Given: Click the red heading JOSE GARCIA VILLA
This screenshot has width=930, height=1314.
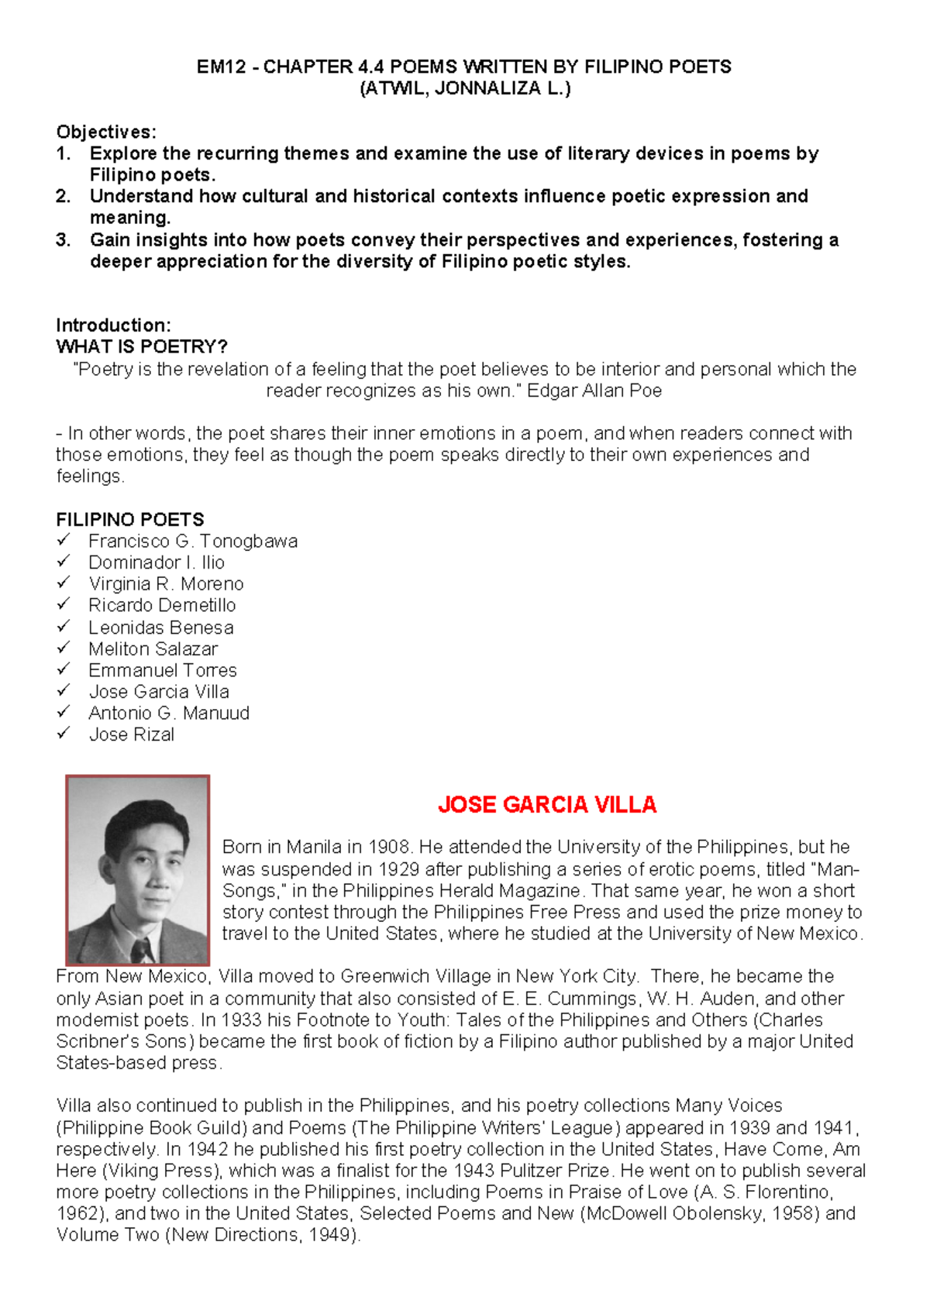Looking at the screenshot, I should pyautogui.click(x=546, y=805).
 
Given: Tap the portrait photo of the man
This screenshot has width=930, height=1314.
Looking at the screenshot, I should pyautogui.click(x=138, y=869).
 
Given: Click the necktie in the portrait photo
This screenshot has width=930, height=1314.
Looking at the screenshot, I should pyautogui.click(x=141, y=950).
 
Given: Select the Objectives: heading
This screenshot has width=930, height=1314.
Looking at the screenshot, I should pyautogui.click(x=106, y=132).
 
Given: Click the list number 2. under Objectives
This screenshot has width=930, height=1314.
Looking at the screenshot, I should pyautogui.click(x=64, y=197).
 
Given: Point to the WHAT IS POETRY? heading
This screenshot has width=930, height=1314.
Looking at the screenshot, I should pyautogui.click(x=142, y=346).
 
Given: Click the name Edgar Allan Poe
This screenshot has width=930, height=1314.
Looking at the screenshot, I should pyautogui.click(x=594, y=390).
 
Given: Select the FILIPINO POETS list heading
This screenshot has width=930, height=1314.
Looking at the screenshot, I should pyautogui.click(x=130, y=519).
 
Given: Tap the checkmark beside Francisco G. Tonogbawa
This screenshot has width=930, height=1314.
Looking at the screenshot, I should pyautogui.click(x=64, y=540).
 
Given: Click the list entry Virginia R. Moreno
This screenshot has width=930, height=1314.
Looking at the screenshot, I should pyautogui.click(x=166, y=584).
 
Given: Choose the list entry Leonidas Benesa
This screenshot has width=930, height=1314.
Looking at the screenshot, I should pyautogui.click(x=161, y=628).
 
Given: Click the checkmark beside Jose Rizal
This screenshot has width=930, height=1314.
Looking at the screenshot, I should pyautogui.click(x=64, y=733).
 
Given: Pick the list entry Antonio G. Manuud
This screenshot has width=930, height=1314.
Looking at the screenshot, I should pyautogui.click(x=169, y=713).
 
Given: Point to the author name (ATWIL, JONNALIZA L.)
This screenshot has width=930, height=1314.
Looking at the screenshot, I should pyautogui.click(x=465, y=88).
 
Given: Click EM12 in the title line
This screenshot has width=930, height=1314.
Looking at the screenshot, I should pyautogui.click(x=221, y=67).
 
